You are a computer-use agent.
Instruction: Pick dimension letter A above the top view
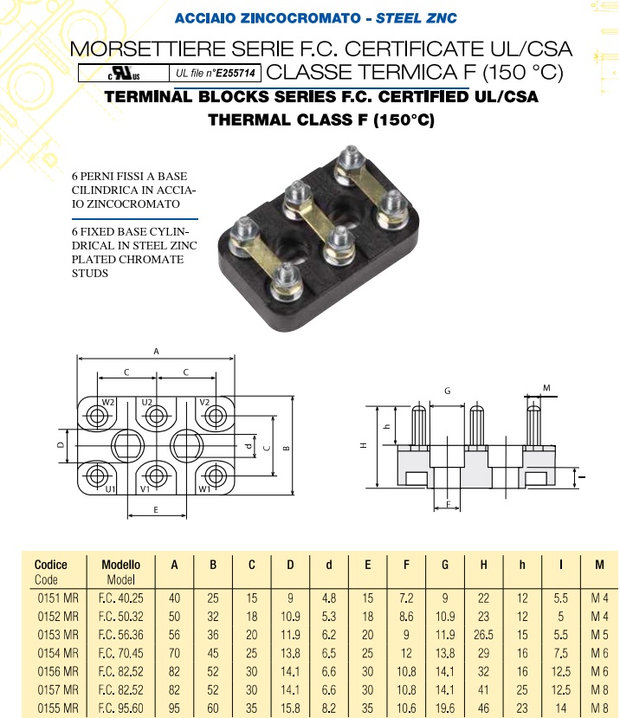click(x=156, y=352)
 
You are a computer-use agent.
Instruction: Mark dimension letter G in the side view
click(x=447, y=391)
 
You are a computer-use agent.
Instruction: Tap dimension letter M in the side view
click(x=546, y=386)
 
